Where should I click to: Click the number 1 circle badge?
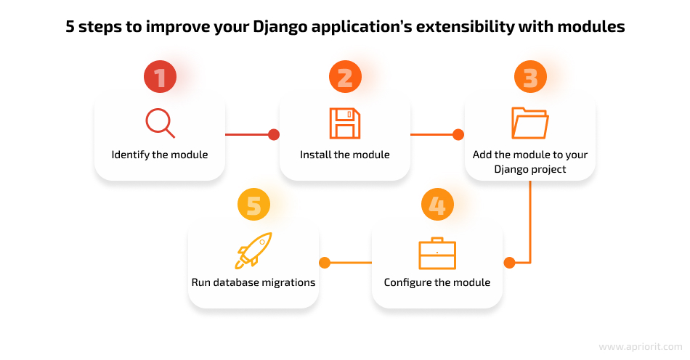[x=161, y=76]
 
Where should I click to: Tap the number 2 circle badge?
[x=346, y=76]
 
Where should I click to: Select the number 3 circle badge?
[x=530, y=76]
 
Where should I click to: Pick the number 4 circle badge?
[x=437, y=205]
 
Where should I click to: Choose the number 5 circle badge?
[x=254, y=205]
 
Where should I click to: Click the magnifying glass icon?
[x=161, y=123]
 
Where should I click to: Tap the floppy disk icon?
[x=345, y=123]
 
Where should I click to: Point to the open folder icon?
[x=529, y=123]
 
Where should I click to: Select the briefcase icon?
[x=437, y=253]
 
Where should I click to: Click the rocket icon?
[x=253, y=250]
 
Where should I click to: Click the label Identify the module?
[x=160, y=155]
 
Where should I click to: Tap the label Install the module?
[x=345, y=155]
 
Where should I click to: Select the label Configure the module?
[x=437, y=282]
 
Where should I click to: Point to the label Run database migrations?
[x=253, y=282]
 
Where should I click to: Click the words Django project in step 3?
[x=530, y=169]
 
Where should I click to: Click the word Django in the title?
[x=280, y=27]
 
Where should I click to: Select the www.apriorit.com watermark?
[x=641, y=347]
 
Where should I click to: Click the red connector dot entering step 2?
[x=274, y=134]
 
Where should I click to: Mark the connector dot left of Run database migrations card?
[x=325, y=263]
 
